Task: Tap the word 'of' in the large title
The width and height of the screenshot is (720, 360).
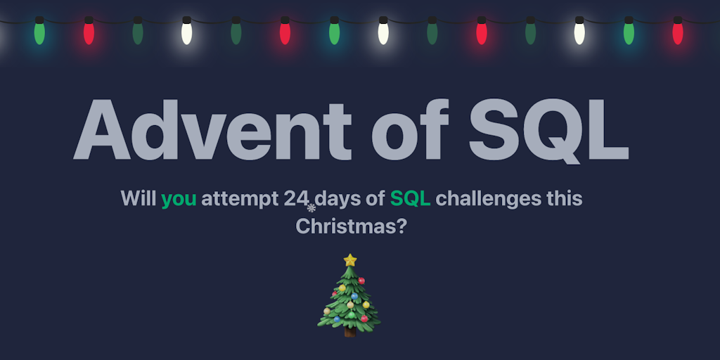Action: point(409,129)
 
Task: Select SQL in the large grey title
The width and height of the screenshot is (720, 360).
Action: point(548,129)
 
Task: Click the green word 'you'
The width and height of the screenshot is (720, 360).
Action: point(179,199)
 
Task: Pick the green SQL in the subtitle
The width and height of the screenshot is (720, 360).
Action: point(410,199)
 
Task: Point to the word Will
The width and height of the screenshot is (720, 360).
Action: point(139,199)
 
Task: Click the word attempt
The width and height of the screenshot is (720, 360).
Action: point(239,200)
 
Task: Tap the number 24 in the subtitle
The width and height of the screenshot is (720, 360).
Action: point(296,199)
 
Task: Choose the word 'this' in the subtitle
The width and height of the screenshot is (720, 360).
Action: point(565,199)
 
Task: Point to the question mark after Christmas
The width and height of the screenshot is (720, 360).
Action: point(401,227)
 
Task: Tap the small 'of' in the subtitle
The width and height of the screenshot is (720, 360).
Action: point(374,199)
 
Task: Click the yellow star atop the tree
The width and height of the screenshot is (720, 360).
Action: point(349,260)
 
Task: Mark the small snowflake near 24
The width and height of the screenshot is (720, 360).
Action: point(311,207)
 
